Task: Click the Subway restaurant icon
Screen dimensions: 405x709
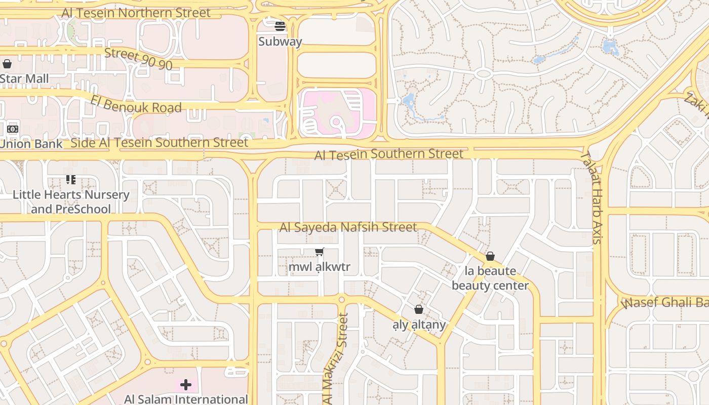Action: point(280,26)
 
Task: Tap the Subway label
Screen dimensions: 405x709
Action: point(280,42)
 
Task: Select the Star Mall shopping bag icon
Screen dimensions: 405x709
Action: point(7,64)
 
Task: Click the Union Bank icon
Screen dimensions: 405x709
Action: point(13,129)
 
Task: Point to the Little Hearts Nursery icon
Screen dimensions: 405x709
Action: point(71,180)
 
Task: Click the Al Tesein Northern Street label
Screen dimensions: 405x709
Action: point(136,13)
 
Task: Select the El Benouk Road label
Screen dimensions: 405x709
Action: point(136,104)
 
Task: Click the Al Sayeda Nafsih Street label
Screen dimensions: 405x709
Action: point(348,227)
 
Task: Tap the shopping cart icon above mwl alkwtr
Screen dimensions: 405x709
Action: point(320,252)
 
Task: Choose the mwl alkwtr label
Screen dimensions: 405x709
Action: point(320,267)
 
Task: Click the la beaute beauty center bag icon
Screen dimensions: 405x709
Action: point(490,256)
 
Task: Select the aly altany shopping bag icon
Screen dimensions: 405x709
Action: point(419,309)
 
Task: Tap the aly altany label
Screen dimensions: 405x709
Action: point(419,325)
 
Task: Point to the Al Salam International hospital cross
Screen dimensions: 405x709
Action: point(186,385)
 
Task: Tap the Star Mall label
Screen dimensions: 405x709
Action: point(24,79)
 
